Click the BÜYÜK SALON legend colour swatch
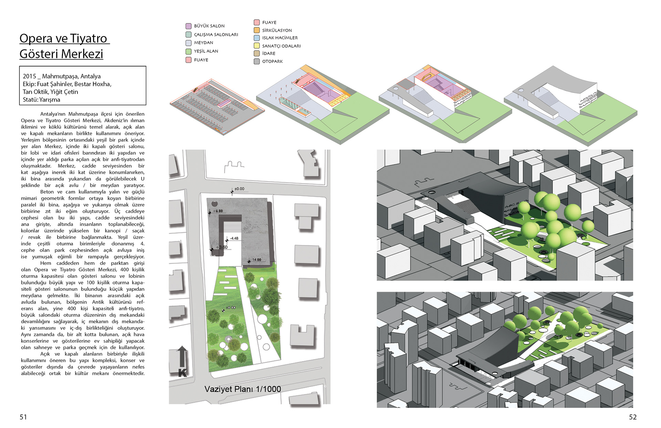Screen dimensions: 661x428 pyautogui.click(x=188, y=26)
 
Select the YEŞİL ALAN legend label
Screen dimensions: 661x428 pyautogui.click(x=206, y=51)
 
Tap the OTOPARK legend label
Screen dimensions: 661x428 pyautogui.click(x=272, y=61)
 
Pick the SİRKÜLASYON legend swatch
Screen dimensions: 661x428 pyautogui.click(x=256, y=30)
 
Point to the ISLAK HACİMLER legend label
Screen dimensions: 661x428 pyautogui.click(x=280, y=38)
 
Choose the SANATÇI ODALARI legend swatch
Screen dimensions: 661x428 pyautogui.click(x=256, y=46)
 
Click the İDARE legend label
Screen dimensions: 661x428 pyautogui.click(x=269, y=53)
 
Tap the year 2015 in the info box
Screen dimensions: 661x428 pyautogui.click(x=29, y=77)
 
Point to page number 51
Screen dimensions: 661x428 pyautogui.click(x=23, y=417)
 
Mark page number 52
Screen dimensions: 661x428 pyautogui.click(x=633, y=417)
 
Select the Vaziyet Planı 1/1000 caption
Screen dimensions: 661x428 pyautogui.click(x=243, y=389)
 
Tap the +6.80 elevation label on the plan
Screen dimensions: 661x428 pyautogui.click(x=218, y=211)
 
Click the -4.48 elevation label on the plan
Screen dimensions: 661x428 pyautogui.click(x=234, y=238)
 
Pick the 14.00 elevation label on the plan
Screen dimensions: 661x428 pyautogui.click(x=257, y=260)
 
